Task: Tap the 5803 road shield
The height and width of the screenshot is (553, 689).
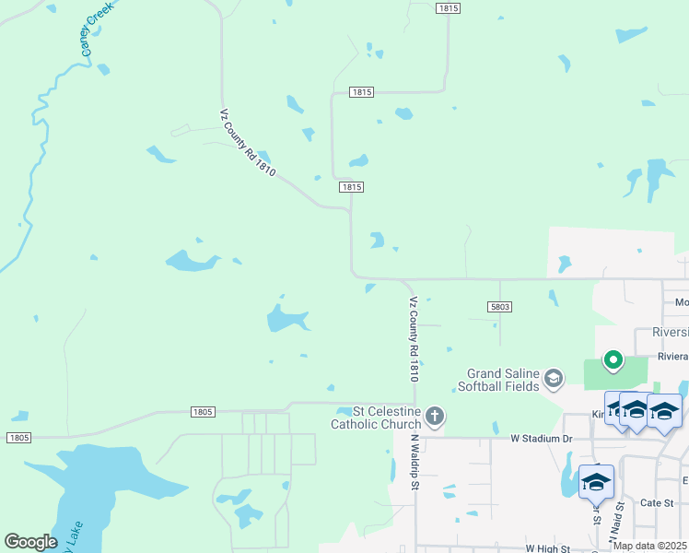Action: click(498, 307)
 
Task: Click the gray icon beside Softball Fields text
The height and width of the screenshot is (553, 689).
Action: click(553, 378)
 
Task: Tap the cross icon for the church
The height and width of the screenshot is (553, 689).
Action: click(435, 417)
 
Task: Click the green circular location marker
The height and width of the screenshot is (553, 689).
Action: click(613, 359)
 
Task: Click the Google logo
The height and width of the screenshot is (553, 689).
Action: click(30, 542)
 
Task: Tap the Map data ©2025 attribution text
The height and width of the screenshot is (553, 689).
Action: click(649, 546)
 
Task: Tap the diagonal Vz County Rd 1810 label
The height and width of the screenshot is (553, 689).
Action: click(248, 144)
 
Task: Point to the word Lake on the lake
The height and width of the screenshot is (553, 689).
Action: click(76, 535)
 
